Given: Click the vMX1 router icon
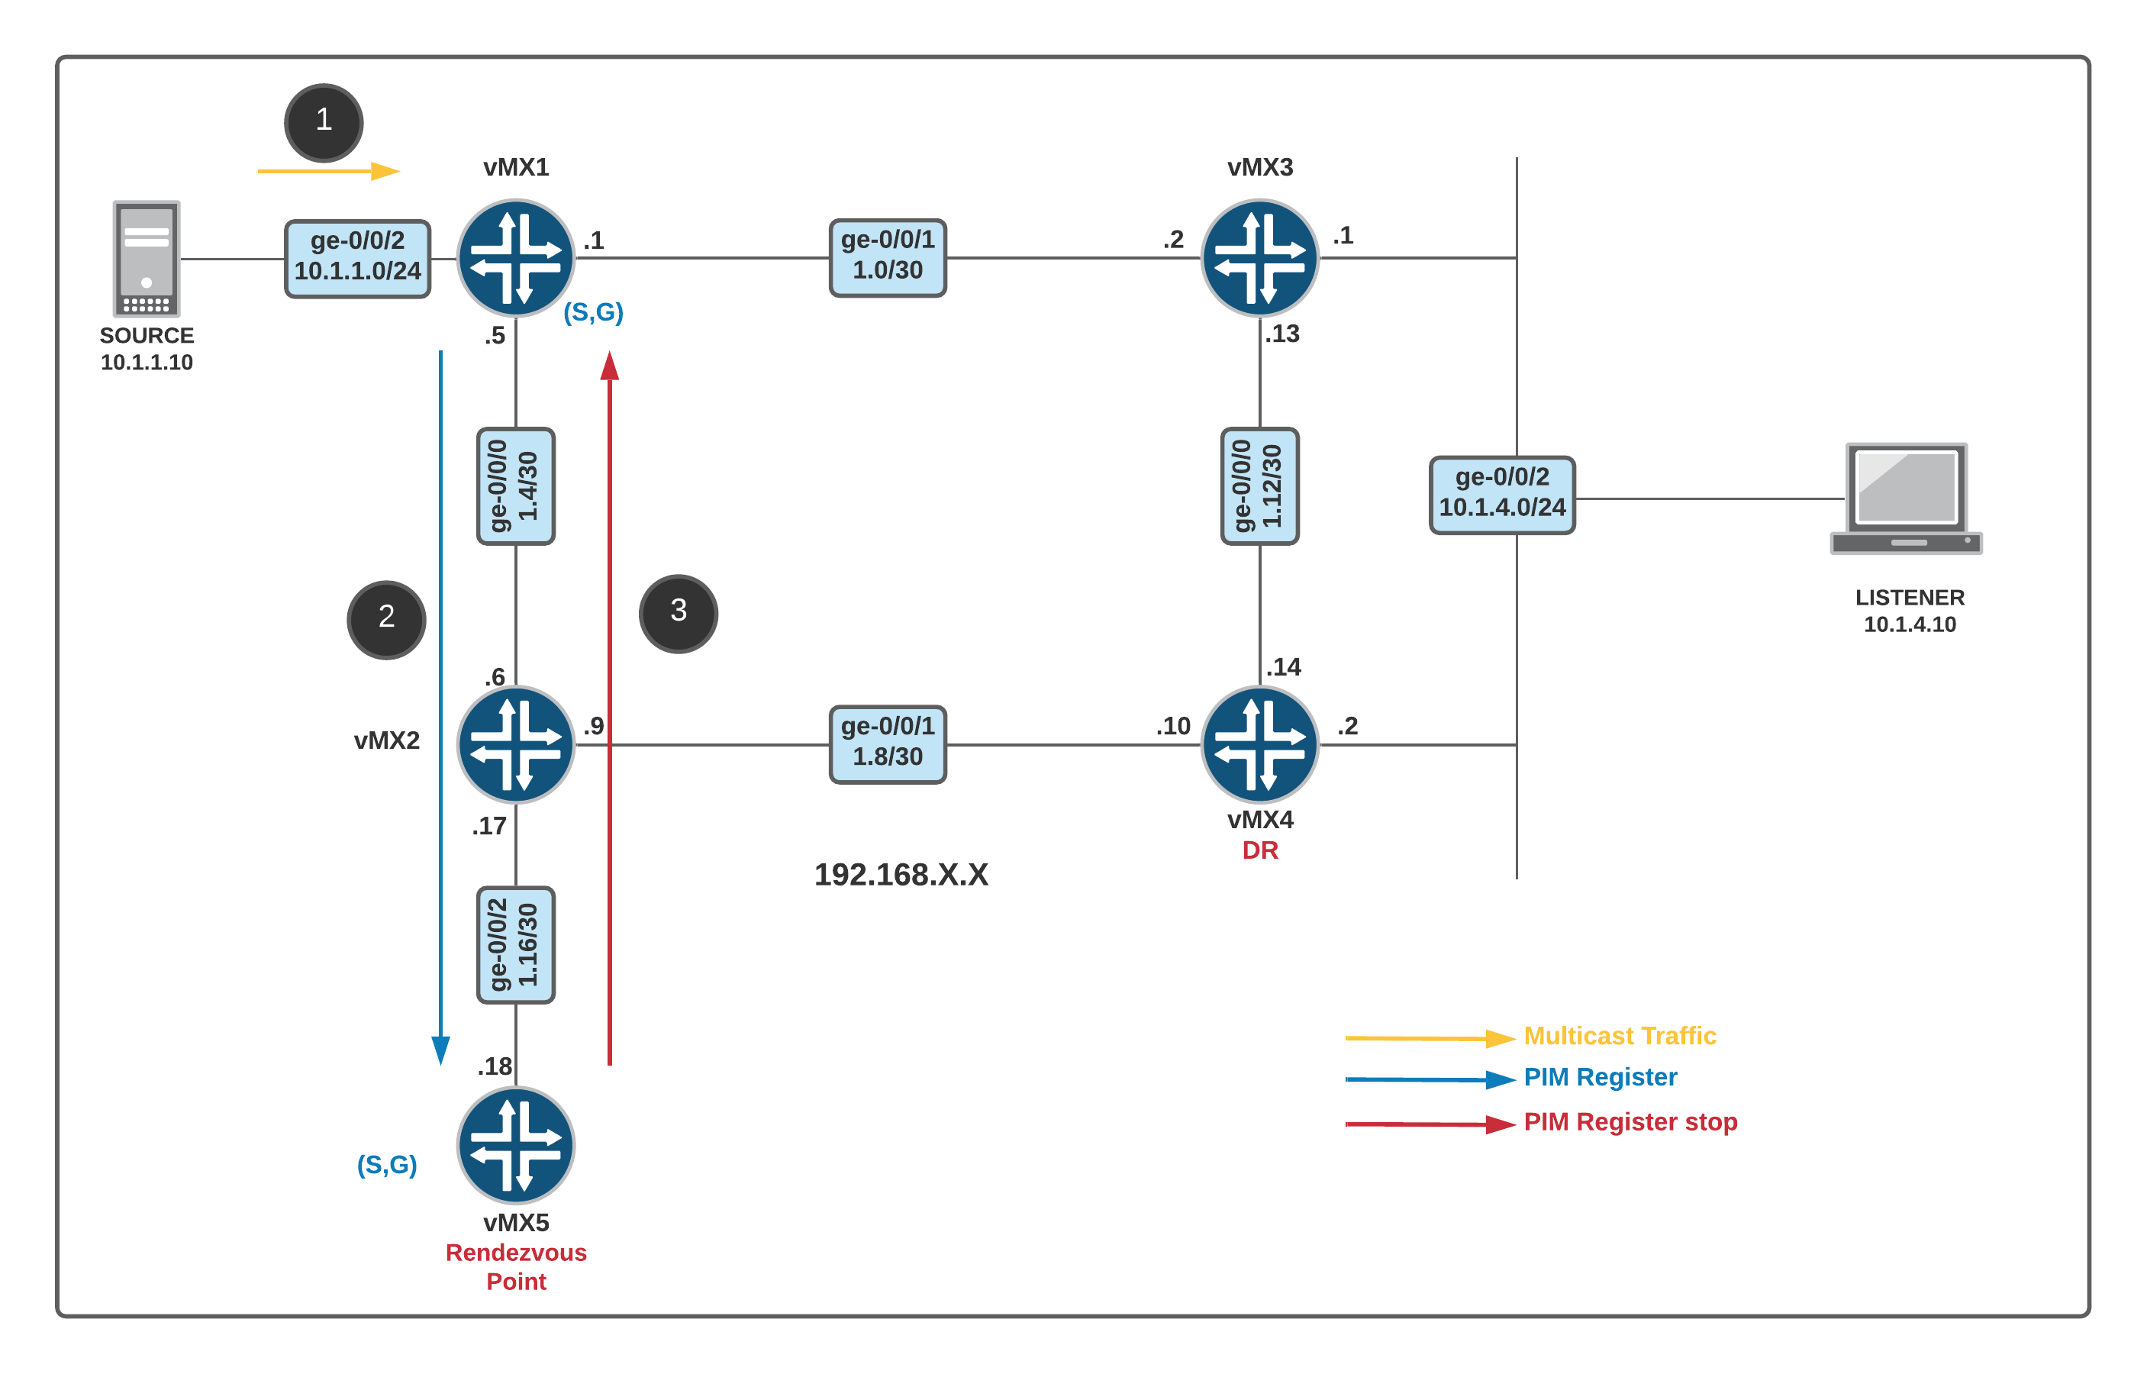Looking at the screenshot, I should (515, 258).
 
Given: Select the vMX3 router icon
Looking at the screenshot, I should (1259, 258).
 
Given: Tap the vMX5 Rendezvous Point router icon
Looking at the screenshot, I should (515, 1145).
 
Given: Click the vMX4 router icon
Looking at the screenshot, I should (1259, 744).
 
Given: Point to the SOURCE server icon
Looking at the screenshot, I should (147, 259).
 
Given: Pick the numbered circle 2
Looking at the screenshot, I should (386, 619).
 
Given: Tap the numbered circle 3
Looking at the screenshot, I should (678, 613).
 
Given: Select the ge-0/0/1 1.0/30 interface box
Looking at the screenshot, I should (888, 257).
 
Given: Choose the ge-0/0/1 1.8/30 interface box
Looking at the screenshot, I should (888, 744).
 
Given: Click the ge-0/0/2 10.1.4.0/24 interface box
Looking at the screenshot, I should (1502, 495).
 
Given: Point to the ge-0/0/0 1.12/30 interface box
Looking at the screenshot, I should (1259, 486).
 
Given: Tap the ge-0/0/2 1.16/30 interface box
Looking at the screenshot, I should (515, 945).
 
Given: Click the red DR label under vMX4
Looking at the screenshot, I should (1259, 850).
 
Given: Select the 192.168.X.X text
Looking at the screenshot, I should (901, 874).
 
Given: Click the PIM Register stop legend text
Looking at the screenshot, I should (1630, 1121).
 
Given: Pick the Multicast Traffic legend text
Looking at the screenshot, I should (1619, 1036).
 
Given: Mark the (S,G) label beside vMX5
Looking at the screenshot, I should (387, 1164).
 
